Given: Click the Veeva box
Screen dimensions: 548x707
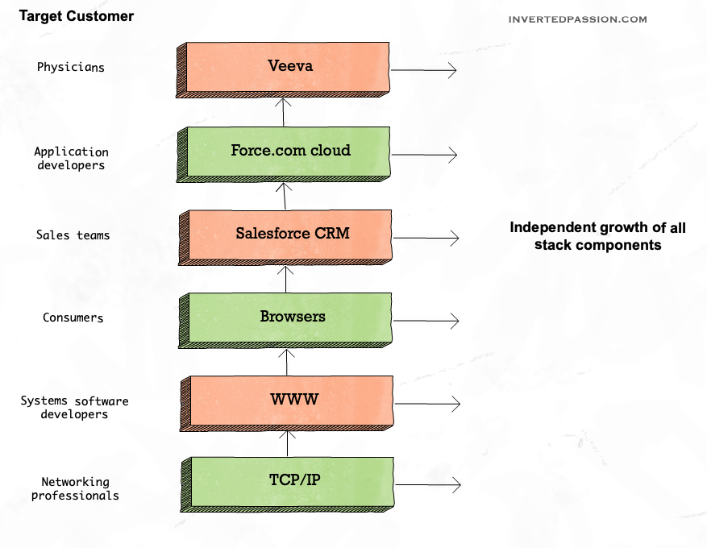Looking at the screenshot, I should tap(290, 67).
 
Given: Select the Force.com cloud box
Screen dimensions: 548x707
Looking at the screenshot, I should tap(290, 152).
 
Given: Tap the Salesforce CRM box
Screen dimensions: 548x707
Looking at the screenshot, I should tap(290, 235).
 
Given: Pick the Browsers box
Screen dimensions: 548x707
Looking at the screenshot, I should tap(292, 318).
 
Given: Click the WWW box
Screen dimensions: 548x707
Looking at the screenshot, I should tap(293, 401).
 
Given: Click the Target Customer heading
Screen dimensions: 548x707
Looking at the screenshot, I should tap(77, 16).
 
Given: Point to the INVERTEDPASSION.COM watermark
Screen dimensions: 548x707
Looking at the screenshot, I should tap(577, 19).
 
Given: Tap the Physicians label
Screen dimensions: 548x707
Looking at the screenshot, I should tap(71, 67).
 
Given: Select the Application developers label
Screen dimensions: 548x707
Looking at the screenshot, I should tap(71, 158).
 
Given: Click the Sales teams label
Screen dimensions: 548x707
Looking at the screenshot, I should tap(73, 235).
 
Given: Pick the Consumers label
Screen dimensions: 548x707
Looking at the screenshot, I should tap(73, 318).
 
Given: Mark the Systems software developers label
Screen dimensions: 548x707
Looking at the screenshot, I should tap(74, 407).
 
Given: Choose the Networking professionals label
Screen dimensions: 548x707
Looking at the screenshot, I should tap(75, 488).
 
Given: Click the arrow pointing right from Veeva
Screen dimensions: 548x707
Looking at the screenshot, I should tap(424, 71).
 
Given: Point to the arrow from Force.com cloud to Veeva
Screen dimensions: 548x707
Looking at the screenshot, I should tap(284, 111).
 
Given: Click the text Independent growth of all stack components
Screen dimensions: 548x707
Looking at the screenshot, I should tap(597, 236).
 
